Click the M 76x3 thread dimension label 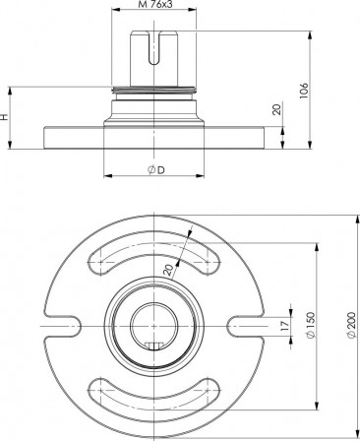pos(154,5)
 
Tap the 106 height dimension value pos(304,92)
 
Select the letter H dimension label pos(4,117)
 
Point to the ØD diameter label pos(156,170)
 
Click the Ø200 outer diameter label pos(351,325)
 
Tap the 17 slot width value pos(284,325)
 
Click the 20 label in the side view pos(277,109)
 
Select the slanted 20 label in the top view pos(169,270)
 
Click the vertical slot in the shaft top pos(153,47)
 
